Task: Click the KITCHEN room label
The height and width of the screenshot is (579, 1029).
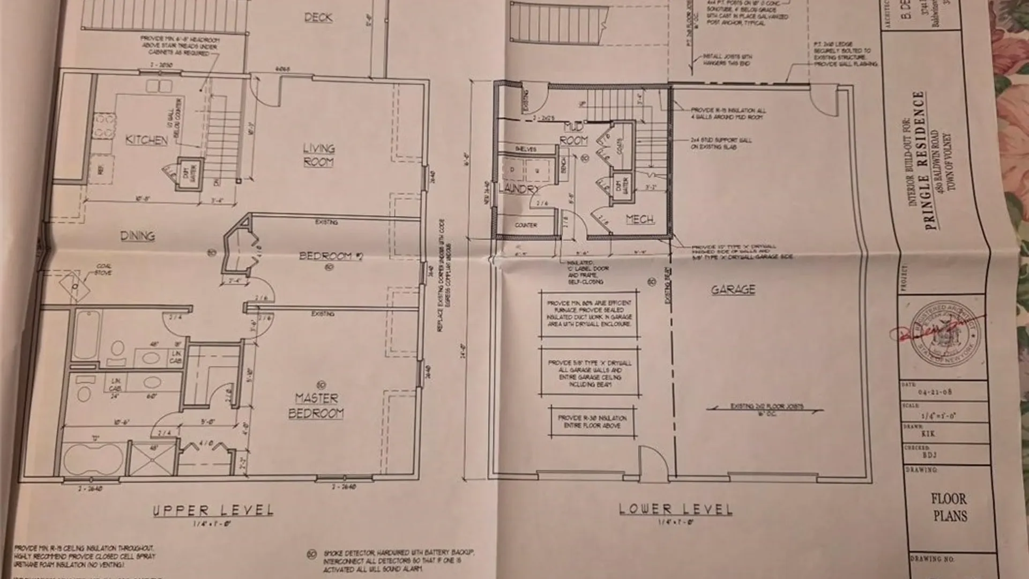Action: click(146, 140)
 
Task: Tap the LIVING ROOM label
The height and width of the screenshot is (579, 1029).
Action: click(318, 155)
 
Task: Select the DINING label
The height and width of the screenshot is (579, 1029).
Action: click(137, 236)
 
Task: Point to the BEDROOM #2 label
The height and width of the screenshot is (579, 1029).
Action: click(331, 256)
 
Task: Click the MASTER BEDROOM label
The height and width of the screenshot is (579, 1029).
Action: click(316, 406)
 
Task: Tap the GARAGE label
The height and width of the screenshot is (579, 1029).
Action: click(733, 290)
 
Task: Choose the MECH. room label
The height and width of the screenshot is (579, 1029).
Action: click(640, 219)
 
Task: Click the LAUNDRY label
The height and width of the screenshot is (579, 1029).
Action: click(518, 189)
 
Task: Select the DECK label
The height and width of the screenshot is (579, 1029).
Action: click(318, 18)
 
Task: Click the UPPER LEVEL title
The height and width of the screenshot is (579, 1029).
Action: click(213, 510)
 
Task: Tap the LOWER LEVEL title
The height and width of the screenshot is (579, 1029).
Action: click(675, 509)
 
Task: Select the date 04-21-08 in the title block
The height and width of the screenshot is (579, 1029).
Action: click(935, 392)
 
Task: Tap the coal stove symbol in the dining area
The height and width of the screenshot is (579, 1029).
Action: click(74, 286)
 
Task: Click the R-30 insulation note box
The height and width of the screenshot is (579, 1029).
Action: click(592, 421)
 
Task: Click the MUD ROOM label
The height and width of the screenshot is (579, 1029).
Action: click(573, 134)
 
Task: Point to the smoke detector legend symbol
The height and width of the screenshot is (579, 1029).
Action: click(312, 554)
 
